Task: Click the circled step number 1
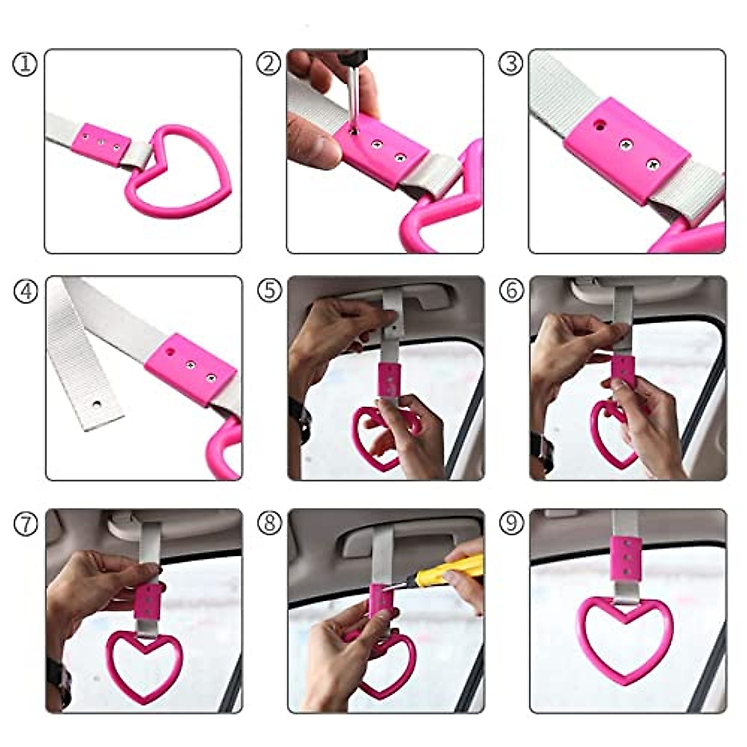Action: click(25, 64)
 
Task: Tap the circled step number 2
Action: click(268, 64)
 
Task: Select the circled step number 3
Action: click(511, 64)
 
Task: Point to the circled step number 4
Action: click(25, 291)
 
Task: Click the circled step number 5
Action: click(268, 291)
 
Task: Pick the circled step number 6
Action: click(511, 291)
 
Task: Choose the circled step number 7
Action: click(25, 524)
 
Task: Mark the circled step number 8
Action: click(268, 524)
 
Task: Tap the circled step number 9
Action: click(511, 524)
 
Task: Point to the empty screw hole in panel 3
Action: click(599, 125)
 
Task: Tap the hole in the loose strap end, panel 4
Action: click(96, 404)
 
